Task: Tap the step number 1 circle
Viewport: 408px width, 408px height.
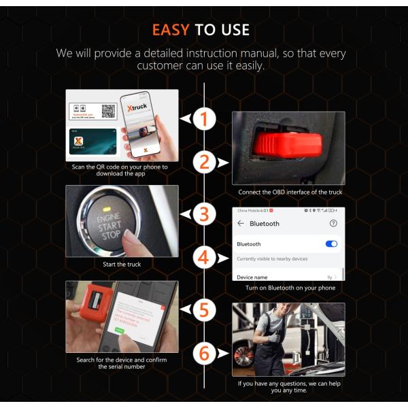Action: tap(203, 120)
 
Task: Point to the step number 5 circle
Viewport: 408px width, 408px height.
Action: tap(203, 310)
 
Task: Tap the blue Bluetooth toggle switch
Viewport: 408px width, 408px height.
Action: tap(331, 243)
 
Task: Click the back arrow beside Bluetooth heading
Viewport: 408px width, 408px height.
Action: tap(240, 224)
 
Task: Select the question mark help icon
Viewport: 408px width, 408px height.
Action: tap(333, 223)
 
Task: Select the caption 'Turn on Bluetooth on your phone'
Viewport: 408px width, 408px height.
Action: tap(290, 288)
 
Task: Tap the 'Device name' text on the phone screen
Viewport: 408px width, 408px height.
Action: tap(252, 277)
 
